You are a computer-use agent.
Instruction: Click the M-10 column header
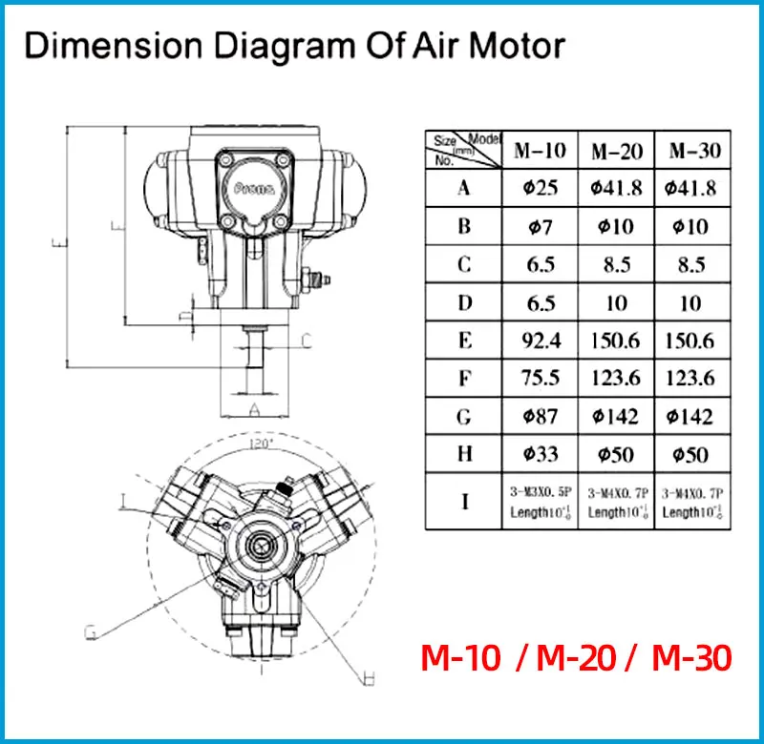(541, 150)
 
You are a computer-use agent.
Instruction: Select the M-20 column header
(616, 151)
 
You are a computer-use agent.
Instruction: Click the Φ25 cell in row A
(541, 188)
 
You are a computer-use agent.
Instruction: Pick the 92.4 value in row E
(541, 341)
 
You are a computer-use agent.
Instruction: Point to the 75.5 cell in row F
(541, 379)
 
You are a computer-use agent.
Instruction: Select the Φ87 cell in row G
(541, 417)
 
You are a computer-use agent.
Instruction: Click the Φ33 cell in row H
(541, 455)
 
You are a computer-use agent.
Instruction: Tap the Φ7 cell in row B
(541, 226)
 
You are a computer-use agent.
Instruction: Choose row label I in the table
(464, 501)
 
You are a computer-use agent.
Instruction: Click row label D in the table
(464, 302)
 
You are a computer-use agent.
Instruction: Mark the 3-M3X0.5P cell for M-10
(541, 501)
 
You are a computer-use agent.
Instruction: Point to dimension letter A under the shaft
(253, 408)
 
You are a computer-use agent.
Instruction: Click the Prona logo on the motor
(253, 188)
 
